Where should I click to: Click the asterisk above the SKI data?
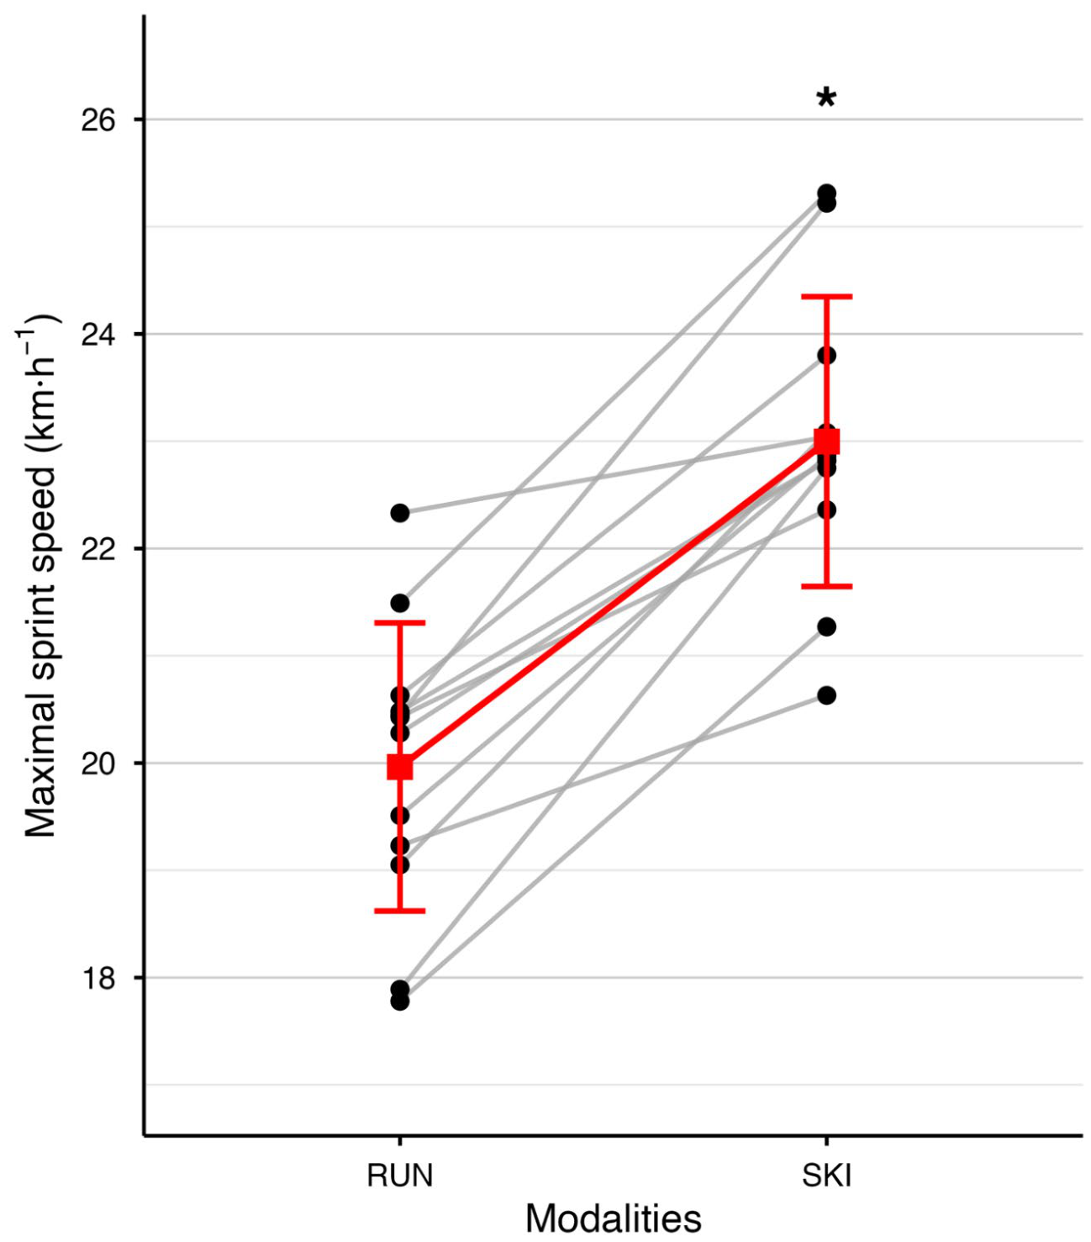(x=825, y=98)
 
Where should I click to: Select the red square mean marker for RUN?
(x=399, y=766)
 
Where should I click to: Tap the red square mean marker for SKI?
(x=826, y=441)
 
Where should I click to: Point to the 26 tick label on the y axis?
(x=98, y=120)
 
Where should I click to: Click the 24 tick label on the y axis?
(x=98, y=335)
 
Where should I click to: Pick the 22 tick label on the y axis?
(x=98, y=549)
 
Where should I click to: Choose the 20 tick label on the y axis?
(x=98, y=764)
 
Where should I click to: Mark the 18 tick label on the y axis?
(x=98, y=979)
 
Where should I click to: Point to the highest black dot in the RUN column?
(x=399, y=513)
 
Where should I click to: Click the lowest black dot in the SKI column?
(x=826, y=695)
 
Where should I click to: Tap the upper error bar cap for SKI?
(x=826, y=297)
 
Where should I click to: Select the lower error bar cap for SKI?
(x=826, y=587)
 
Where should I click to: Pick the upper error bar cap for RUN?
(x=399, y=623)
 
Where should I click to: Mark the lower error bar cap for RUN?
(x=399, y=911)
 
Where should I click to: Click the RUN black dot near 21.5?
(x=399, y=603)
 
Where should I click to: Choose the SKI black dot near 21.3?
(x=826, y=626)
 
